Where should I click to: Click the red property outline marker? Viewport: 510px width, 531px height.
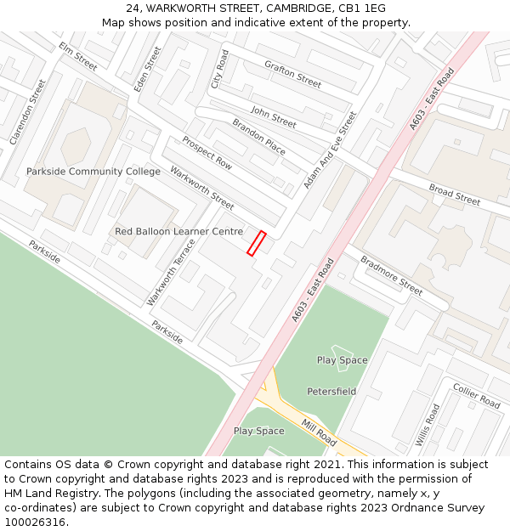tap(256, 243)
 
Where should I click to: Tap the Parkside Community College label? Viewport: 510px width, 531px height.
tap(93, 172)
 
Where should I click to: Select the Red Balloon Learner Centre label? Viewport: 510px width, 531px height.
tap(178, 231)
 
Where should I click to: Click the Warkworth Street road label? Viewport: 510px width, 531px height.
tap(201, 188)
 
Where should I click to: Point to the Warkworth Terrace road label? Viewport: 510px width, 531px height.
tap(171, 272)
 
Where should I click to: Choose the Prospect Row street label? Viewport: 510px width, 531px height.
tap(207, 152)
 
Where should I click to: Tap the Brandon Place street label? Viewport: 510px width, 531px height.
tap(259, 136)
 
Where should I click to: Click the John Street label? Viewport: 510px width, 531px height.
tap(273, 117)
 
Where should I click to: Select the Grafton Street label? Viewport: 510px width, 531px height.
tap(292, 74)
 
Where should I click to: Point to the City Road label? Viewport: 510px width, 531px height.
tap(220, 69)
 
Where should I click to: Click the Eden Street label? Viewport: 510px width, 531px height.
tap(147, 69)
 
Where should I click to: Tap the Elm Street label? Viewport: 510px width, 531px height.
tap(78, 56)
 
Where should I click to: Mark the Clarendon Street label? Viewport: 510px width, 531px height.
tap(28, 110)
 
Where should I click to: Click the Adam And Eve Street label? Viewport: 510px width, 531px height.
tap(331, 150)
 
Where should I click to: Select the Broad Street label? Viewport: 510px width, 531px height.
tap(454, 195)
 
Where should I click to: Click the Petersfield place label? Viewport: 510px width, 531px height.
tap(331, 392)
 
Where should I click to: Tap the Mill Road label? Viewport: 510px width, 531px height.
tap(319, 432)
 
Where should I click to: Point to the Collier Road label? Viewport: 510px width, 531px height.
tap(477, 395)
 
